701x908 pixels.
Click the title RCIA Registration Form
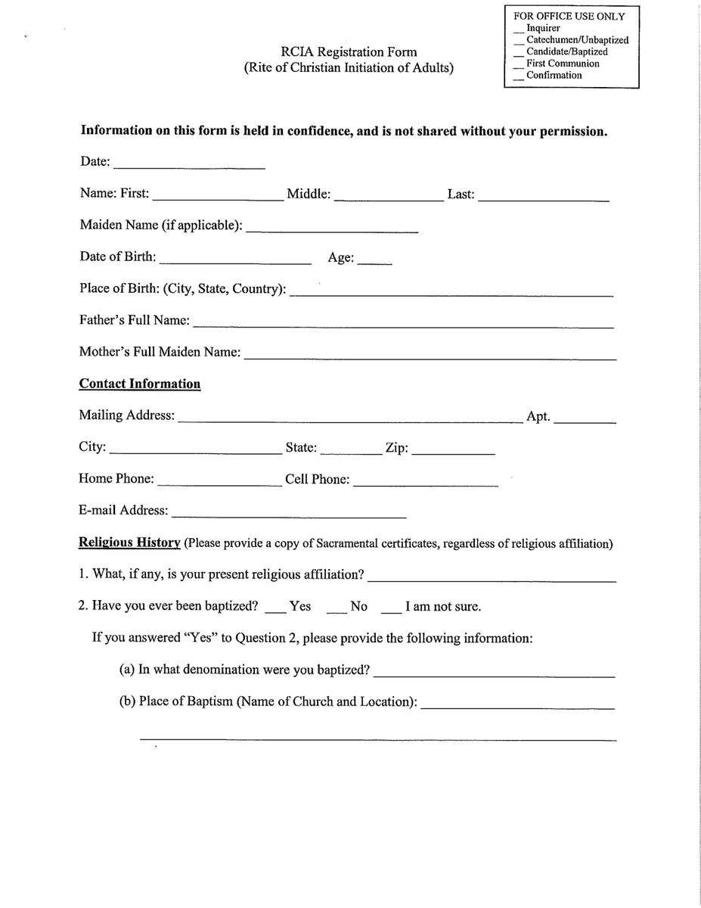pyautogui.click(x=349, y=52)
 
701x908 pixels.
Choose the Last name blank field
pyautogui.click(x=544, y=197)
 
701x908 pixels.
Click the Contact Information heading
pyautogui.click(x=140, y=384)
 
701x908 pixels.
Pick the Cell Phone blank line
pyautogui.click(x=425, y=481)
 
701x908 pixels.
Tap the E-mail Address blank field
pyautogui.click(x=289, y=513)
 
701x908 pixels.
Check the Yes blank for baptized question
pyautogui.click(x=276, y=609)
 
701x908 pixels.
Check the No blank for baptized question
pyautogui.click(x=337, y=609)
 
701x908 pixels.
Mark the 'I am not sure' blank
pyautogui.click(x=391, y=609)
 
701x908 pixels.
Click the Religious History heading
pyautogui.click(x=129, y=543)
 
